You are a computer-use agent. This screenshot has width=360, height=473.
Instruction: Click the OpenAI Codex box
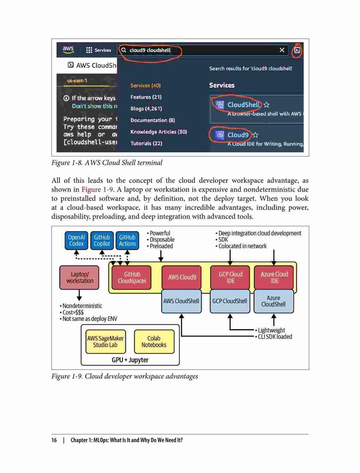76,240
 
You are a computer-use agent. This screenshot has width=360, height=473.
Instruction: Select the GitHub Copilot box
102,240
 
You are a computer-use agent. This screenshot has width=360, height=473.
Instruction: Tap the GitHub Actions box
127,240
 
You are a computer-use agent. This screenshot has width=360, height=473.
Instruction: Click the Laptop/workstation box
79,278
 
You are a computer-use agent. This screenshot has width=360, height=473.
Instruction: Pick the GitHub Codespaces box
132,278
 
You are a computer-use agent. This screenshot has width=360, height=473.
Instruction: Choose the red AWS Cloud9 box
182,277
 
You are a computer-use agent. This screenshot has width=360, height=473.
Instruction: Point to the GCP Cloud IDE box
230,278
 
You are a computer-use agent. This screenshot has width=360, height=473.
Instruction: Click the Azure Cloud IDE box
274,278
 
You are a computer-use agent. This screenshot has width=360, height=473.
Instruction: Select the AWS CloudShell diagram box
181,301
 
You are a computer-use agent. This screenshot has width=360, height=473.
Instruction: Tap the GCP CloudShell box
230,301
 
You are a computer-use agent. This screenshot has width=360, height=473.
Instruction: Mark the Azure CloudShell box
274,301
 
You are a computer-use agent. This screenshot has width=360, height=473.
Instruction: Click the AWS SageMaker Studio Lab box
105,342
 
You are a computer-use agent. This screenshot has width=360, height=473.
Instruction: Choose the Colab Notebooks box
154,342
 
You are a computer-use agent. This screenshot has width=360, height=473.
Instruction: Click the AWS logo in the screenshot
68,50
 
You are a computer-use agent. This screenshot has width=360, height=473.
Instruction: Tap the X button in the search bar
282,50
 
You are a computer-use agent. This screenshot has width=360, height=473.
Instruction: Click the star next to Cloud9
255,135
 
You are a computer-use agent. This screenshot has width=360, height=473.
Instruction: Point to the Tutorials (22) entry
146,143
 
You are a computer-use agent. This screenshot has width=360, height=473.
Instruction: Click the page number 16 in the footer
54,440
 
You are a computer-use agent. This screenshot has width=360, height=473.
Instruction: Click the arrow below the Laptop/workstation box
79,295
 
